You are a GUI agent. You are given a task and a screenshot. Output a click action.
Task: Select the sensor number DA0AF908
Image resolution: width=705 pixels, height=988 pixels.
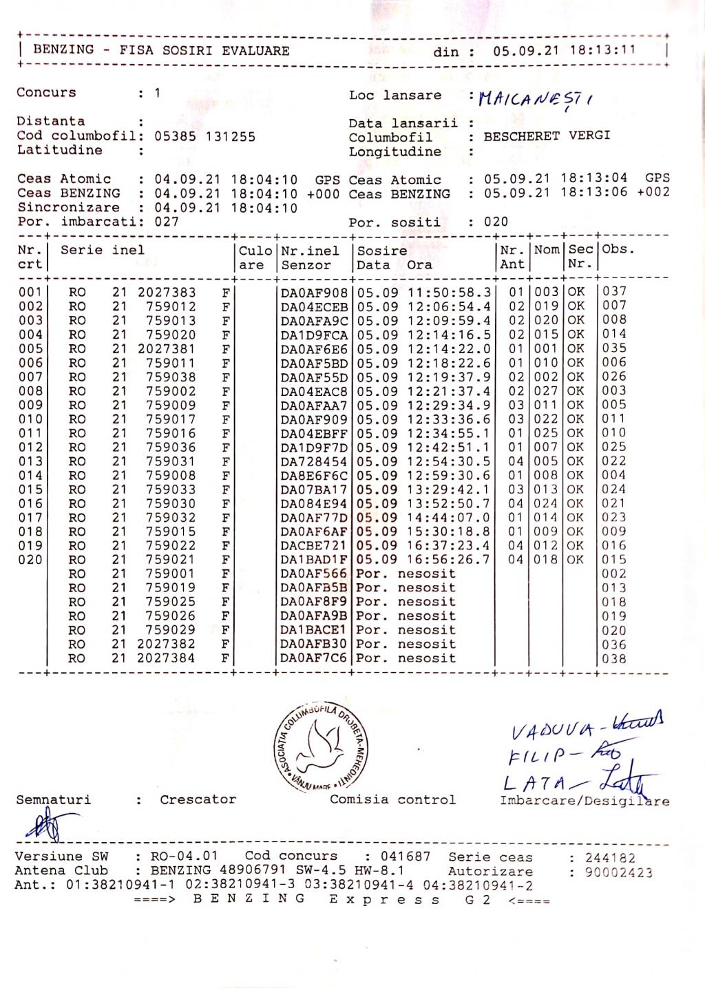coord(314,292)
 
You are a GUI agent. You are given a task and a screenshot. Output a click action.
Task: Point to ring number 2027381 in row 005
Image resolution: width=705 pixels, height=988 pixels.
coord(167,348)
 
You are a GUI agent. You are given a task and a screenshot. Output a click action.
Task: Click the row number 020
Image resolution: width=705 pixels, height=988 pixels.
coord(30,560)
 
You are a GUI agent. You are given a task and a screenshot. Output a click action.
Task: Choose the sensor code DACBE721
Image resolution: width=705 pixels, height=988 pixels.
coord(314,546)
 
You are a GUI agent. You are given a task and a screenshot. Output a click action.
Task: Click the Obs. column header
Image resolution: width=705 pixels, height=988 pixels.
coord(618,250)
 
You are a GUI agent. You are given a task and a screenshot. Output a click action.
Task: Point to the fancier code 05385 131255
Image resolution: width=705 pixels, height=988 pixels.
coord(204,136)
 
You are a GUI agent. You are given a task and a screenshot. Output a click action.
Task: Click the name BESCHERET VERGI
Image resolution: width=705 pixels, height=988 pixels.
coord(547,136)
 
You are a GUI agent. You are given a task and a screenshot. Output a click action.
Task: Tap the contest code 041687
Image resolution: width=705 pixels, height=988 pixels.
coord(406,856)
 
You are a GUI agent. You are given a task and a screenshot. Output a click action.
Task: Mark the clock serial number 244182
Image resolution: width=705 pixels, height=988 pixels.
coord(611,858)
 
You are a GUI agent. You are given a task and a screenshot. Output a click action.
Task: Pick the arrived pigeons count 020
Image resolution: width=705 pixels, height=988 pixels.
coord(496,222)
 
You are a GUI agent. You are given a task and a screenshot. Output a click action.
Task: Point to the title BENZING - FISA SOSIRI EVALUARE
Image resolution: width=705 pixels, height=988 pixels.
coord(161,50)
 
